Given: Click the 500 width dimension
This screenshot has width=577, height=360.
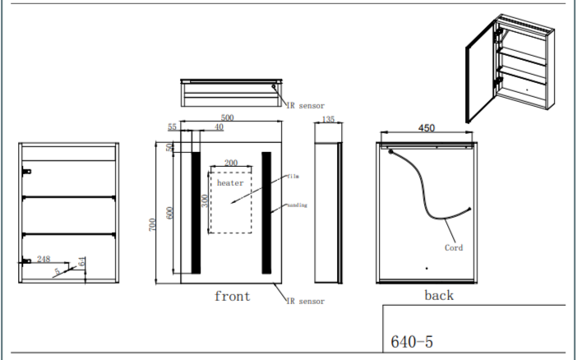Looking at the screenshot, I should (227, 118).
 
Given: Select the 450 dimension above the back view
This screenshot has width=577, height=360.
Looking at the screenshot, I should (427, 128).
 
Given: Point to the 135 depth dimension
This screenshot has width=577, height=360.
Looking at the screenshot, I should (327, 119).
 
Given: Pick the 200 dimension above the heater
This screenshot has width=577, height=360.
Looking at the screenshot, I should (231, 163).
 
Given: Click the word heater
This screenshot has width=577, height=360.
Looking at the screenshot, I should (230, 182).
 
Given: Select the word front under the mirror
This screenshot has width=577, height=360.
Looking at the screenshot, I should (232, 296).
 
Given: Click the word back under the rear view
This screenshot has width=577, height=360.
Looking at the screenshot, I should (438, 295).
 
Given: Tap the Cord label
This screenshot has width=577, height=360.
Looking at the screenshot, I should (453, 247).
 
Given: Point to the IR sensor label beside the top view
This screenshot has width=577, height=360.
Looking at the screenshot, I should (305, 105).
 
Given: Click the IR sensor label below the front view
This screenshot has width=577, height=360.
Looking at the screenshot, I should (305, 302).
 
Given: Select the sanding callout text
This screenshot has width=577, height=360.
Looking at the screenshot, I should (297, 205).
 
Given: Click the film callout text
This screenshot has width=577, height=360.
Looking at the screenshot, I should (293, 176).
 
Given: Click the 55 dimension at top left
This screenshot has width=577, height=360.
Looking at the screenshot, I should (173, 127).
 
